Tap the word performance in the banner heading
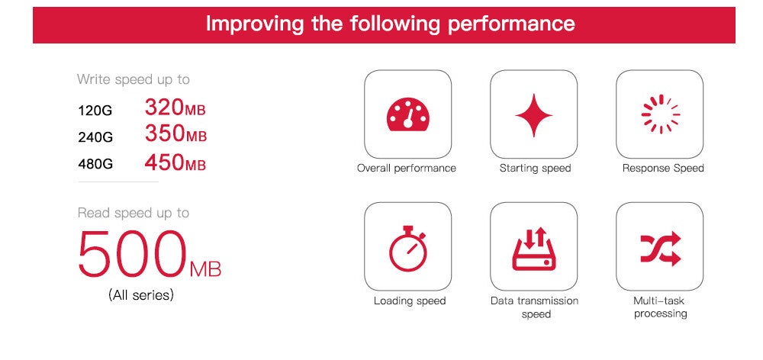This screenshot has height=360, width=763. (511, 24)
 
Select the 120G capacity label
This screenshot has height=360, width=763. (95, 111)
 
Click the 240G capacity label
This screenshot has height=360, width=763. (95, 138)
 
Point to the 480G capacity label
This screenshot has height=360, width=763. (95, 164)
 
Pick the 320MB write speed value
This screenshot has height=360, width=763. (175, 108)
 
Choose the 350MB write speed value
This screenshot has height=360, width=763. (175, 133)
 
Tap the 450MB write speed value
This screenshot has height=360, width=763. (175, 162)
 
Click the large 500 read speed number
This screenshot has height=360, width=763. (132, 254)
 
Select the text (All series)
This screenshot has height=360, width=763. (140, 295)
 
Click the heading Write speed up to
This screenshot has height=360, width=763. (134, 80)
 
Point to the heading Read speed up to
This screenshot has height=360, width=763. (134, 213)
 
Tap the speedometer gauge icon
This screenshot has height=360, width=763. (407, 114)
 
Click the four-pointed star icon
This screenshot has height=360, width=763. (534, 115)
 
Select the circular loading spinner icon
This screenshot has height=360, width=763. (660, 114)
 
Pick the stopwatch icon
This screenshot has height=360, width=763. (407, 248)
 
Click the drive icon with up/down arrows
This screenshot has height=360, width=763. (534, 249)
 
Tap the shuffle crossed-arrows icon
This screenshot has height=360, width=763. (660, 248)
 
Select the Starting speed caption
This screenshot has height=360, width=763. (535, 169)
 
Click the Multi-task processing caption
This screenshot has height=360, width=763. (660, 307)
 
